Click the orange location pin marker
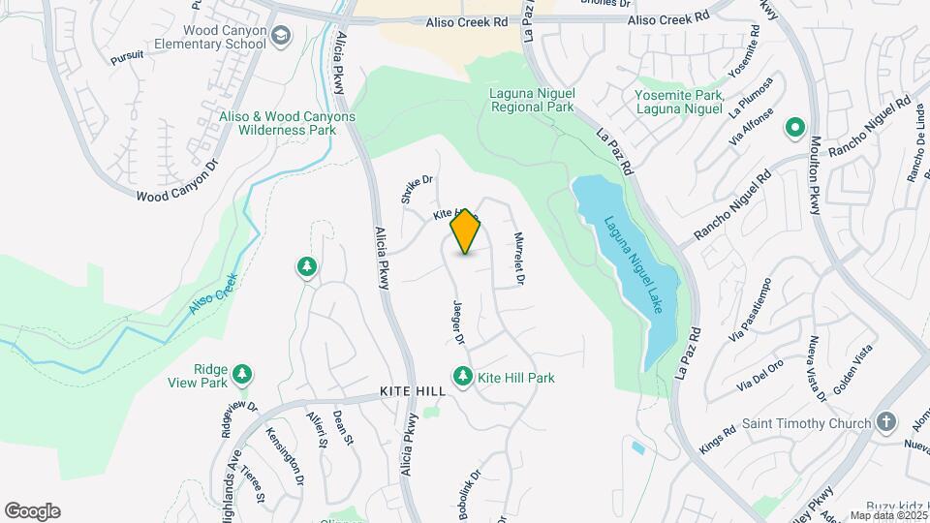click(x=466, y=231)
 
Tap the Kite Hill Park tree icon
click(x=463, y=377)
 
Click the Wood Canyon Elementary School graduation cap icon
click(x=281, y=37)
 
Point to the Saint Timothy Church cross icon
click(x=884, y=422)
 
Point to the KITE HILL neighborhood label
click(x=413, y=392)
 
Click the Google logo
click(x=32, y=511)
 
